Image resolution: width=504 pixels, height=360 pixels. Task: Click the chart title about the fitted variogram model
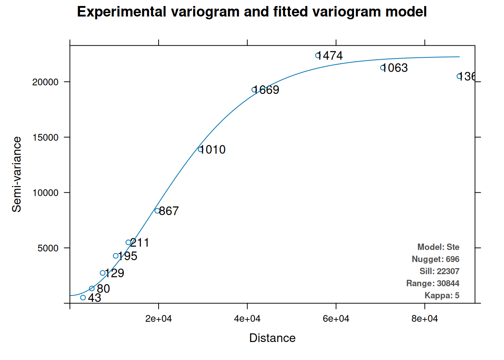point(252,12)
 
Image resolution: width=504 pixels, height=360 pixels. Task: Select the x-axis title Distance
point(272,338)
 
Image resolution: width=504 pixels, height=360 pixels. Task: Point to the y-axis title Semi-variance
point(17,174)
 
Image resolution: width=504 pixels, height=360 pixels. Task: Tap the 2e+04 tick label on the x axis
point(158,319)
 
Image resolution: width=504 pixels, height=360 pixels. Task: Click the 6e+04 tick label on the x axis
point(336,319)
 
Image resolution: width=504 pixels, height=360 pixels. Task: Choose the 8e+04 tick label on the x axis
point(424,319)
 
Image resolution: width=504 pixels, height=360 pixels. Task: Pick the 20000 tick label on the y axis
point(45,82)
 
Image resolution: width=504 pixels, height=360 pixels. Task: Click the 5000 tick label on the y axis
point(48,248)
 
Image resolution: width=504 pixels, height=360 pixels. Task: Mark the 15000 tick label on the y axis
point(45,138)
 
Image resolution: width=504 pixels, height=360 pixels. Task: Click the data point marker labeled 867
point(157,211)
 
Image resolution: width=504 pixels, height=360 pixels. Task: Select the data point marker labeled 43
point(83,298)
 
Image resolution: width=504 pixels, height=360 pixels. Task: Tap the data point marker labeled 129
point(103,273)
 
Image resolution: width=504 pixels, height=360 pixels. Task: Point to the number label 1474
point(330,56)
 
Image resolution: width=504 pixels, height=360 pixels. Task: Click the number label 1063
point(394,68)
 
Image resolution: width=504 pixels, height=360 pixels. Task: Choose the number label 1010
point(212,150)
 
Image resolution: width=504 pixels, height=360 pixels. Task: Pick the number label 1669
point(266,90)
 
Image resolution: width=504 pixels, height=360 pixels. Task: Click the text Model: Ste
point(438,247)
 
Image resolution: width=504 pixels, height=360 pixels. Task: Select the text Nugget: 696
point(435,259)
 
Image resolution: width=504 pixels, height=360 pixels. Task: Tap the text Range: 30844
point(433,283)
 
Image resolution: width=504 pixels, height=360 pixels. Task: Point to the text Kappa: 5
point(442,295)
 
